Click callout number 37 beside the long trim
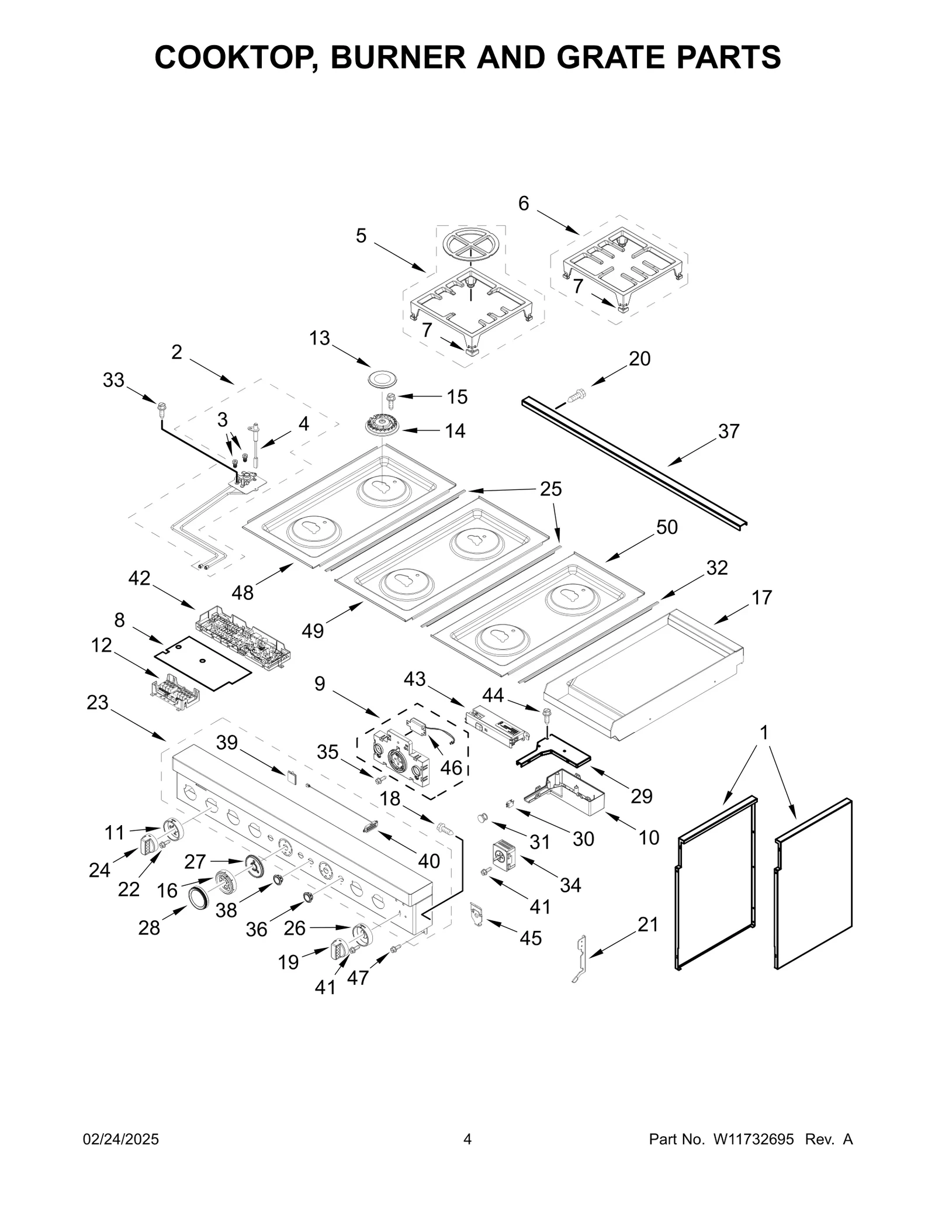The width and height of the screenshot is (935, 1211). (728, 431)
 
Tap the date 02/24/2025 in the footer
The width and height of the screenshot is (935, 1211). (121, 1139)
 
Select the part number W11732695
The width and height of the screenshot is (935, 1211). (753, 1139)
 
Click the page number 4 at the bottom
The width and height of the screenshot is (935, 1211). (467, 1139)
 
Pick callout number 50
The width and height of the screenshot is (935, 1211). (666, 527)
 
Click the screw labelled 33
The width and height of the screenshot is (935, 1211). (161, 405)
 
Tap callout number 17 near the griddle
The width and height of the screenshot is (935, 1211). (761, 598)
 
